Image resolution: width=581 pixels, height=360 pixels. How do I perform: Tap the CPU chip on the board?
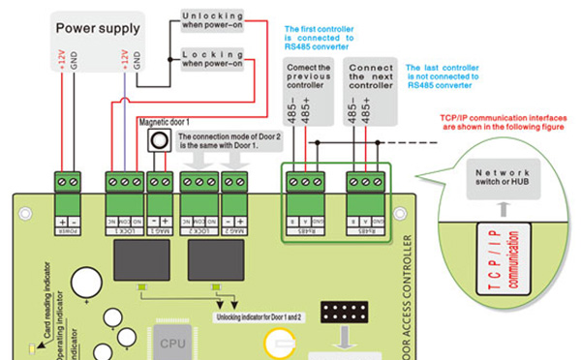tap(173, 341)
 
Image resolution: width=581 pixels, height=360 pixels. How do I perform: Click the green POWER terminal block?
tap(67, 179)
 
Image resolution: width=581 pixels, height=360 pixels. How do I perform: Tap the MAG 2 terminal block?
tap(234, 179)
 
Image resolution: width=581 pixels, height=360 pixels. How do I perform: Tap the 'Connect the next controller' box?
tap(371, 76)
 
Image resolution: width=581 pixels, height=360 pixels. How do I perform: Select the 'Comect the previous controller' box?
tap(310, 76)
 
